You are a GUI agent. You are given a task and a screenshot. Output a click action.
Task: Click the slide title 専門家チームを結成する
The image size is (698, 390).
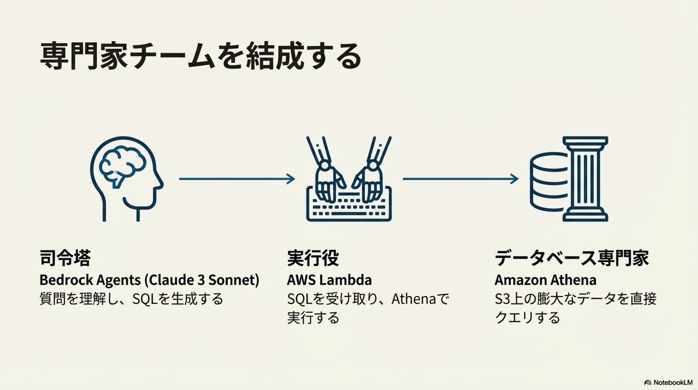[x=200, y=56]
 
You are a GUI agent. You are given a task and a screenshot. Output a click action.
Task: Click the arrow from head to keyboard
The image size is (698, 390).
[x=237, y=179]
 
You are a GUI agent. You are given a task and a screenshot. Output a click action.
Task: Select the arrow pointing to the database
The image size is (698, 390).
[x=460, y=179]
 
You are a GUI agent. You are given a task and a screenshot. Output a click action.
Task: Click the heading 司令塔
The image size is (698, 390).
[x=65, y=258]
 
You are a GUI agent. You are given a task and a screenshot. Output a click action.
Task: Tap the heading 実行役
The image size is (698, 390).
[x=313, y=258]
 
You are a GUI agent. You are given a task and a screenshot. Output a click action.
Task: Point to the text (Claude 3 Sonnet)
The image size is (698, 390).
[x=202, y=280]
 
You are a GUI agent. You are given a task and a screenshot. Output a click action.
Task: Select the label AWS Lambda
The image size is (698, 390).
[x=329, y=280]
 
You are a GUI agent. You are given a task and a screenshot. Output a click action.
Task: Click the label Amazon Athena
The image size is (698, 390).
[x=545, y=280]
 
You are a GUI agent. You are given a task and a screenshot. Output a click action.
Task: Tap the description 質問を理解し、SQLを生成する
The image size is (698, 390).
[x=131, y=299]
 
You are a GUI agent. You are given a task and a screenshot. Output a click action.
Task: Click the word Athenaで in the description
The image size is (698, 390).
[x=420, y=299]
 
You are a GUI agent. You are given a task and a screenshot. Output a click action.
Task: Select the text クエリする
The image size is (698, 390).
[x=527, y=318]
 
